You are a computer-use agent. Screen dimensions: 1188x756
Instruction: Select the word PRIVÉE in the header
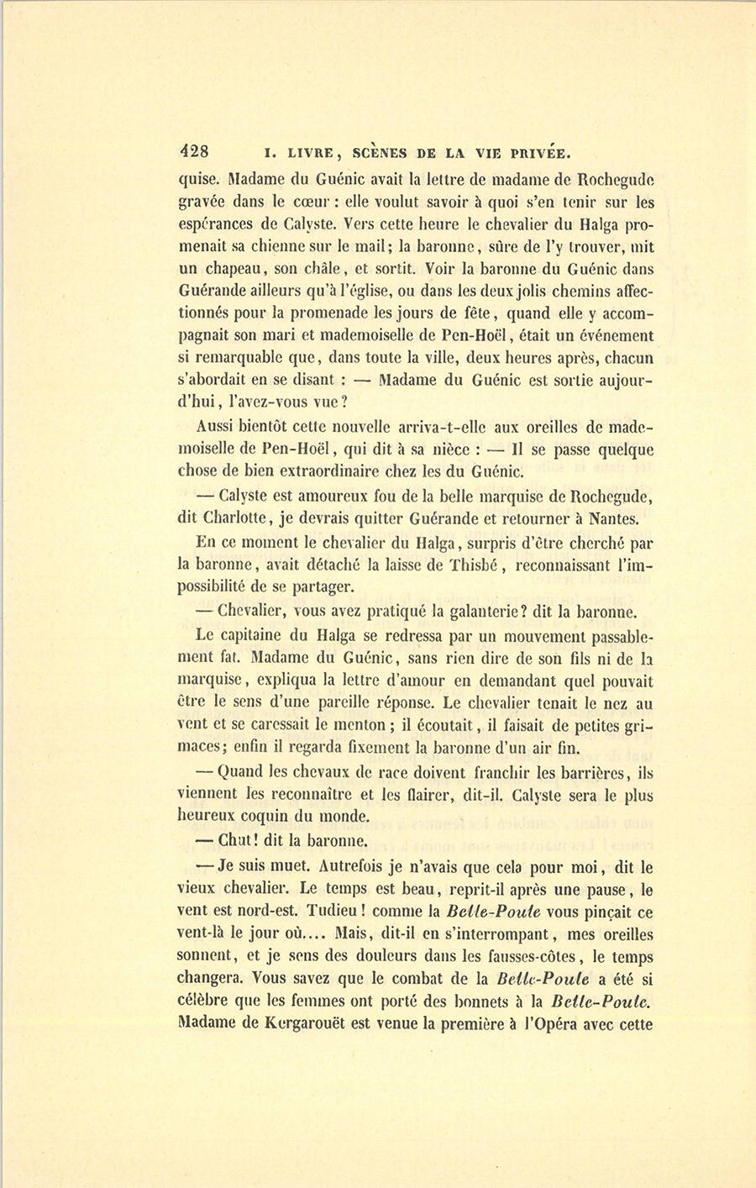tap(538, 153)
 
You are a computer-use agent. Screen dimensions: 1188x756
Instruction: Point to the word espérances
tap(218, 224)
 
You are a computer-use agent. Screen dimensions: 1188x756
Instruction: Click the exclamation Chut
tap(235, 839)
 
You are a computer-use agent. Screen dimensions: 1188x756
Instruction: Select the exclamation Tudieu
tap(331, 912)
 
